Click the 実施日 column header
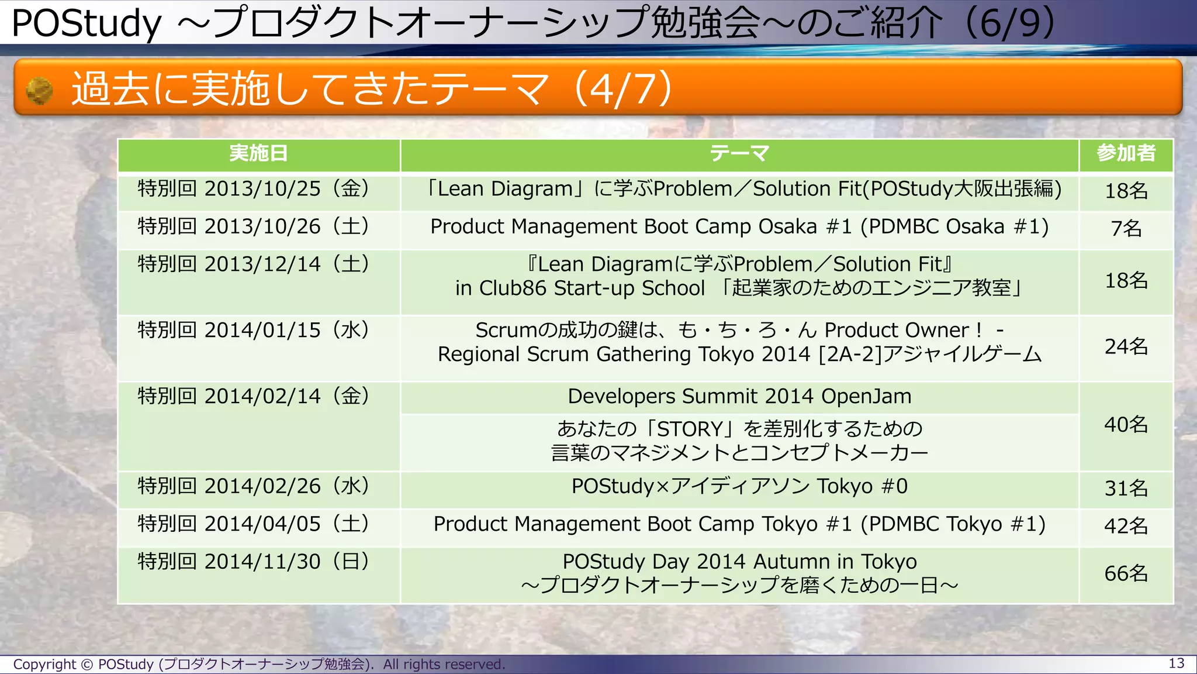click(x=258, y=154)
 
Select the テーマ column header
click(x=739, y=154)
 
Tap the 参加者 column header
click(x=1126, y=154)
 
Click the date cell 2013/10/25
click(x=254, y=189)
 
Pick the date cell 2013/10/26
click(x=254, y=226)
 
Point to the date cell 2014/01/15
click(x=254, y=331)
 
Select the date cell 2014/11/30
click(x=254, y=562)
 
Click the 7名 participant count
click(x=1126, y=228)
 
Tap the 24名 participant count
click(x=1126, y=347)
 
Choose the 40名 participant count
click(x=1126, y=425)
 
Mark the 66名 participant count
click(x=1126, y=573)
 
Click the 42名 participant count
click(x=1126, y=526)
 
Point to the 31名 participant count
click(x=1126, y=488)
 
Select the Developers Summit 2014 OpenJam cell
click(x=739, y=397)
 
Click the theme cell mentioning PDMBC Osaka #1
click(x=739, y=226)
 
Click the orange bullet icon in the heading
click(x=40, y=91)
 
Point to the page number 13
click(x=1176, y=663)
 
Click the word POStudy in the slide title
click(x=87, y=23)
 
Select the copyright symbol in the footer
click(x=87, y=665)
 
